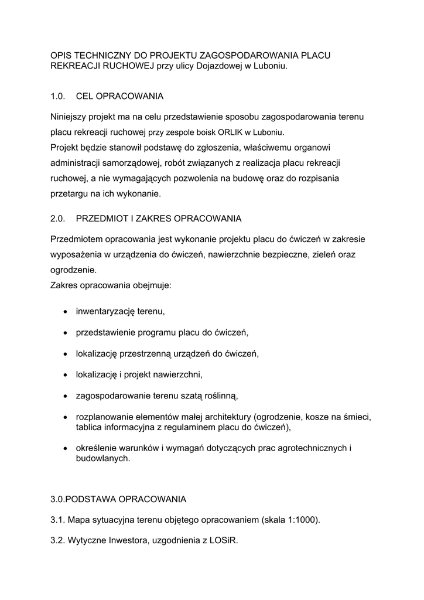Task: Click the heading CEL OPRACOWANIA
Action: click(119, 96)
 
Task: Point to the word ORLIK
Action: click(234, 132)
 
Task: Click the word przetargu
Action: click(69, 193)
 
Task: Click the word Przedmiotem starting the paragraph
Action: click(79, 240)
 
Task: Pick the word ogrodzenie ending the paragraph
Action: click(73, 271)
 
